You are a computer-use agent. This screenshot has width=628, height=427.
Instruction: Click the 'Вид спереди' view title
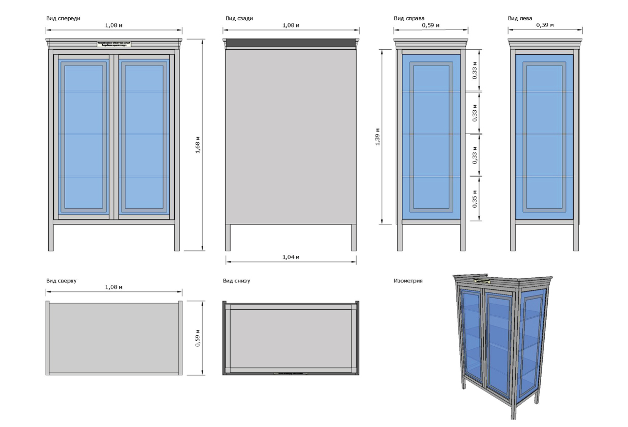[x=63, y=19]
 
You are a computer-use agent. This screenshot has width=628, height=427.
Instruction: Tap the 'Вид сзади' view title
[x=239, y=19]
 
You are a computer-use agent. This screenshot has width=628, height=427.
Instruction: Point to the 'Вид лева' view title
[x=520, y=19]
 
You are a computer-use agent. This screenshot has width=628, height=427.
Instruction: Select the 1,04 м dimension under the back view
[x=291, y=257]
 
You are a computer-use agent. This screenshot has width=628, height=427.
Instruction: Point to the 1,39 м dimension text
[x=376, y=137]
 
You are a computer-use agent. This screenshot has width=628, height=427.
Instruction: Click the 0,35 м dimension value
[x=475, y=199]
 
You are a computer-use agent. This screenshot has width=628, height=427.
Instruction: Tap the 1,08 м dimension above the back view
[x=291, y=25]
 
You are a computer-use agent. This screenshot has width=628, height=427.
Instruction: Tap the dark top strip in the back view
[x=291, y=43]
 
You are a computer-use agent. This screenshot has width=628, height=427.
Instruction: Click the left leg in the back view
[x=228, y=237]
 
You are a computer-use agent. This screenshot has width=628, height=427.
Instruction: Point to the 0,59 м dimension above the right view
[x=430, y=25]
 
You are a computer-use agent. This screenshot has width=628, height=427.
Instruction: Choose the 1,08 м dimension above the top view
[x=114, y=287]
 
